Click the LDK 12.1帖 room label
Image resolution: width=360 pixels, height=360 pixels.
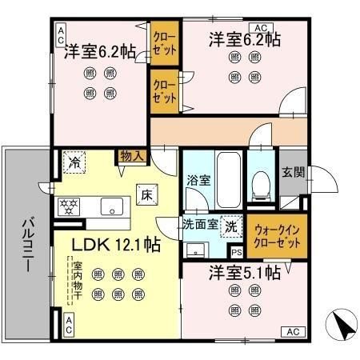click(108, 245)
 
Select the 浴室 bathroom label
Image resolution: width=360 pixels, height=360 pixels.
click(198, 180)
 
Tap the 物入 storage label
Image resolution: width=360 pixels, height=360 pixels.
click(131, 156)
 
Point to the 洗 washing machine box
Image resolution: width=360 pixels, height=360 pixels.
click(230, 226)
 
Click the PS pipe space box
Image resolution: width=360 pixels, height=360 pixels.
click(238, 251)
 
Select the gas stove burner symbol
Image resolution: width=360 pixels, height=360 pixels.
click(69, 206)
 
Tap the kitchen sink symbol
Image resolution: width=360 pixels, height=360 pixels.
click(111, 204)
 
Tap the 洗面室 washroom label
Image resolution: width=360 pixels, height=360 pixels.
click(199, 225)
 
